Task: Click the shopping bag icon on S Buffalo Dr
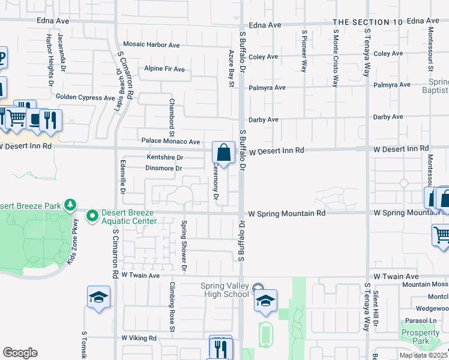(x=223, y=153)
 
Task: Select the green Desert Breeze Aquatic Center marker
(x=92, y=215)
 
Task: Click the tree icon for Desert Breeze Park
(x=71, y=205)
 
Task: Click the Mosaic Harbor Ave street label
(x=151, y=44)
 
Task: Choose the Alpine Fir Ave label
(x=164, y=69)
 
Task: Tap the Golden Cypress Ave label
(x=85, y=97)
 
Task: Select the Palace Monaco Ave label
(x=170, y=142)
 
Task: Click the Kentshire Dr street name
(x=165, y=157)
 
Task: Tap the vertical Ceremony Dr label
(x=215, y=183)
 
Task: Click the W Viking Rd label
(x=139, y=338)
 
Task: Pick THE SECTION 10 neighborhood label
(x=367, y=22)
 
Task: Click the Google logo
(x=20, y=353)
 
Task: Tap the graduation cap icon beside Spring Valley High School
(x=265, y=301)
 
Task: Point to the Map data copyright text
(x=423, y=355)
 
